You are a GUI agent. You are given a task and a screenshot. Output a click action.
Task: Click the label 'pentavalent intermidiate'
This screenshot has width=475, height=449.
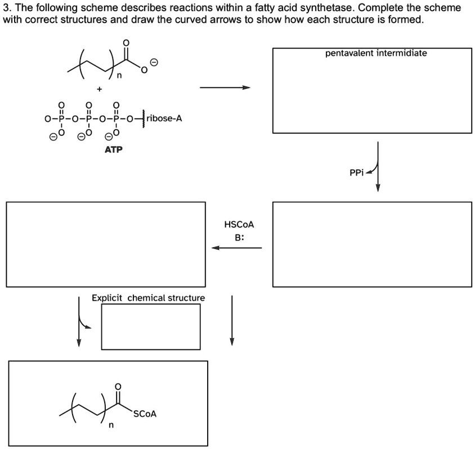(x=376, y=53)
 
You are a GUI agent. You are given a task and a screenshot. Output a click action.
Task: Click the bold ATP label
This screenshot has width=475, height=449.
(x=113, y=149)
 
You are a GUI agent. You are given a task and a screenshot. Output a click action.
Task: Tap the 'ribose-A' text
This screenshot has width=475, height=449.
(x=164, y=119)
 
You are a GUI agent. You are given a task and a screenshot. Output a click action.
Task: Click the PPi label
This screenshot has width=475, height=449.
(x=357, y=173)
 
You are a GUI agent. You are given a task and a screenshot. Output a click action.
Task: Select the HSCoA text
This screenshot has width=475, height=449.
(x=239, y=224)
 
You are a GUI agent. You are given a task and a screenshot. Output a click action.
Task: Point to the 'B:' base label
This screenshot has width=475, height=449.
(x=240, y=237)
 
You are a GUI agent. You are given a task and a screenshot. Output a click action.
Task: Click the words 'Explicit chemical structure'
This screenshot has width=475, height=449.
(x=149, y=297)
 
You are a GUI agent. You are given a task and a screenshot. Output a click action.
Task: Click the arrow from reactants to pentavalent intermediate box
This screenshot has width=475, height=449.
(x=225, y=88)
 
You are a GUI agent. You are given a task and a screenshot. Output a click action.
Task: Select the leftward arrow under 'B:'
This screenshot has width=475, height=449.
(x=236, y=247)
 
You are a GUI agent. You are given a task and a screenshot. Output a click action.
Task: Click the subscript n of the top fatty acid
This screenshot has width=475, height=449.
(x=119, y=80)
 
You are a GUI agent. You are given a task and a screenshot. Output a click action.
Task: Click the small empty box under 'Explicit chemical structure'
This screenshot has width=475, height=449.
(x=150, y=326)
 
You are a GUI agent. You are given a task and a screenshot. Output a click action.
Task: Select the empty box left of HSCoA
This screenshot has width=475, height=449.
(x=106, y=244)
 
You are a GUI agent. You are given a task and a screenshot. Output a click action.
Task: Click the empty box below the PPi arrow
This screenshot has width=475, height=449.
(x=372, y=244)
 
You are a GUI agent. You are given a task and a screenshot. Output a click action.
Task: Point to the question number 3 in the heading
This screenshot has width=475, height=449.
(x=6, y=8)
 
